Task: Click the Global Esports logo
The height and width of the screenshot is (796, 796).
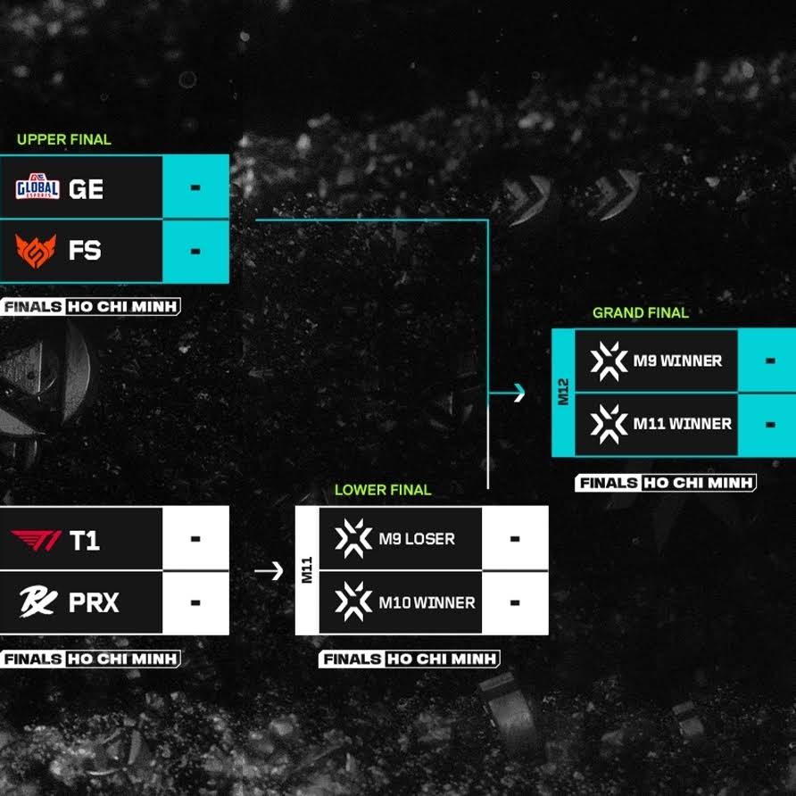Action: point(37,187)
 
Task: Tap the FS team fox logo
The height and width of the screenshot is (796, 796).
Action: point(36,251)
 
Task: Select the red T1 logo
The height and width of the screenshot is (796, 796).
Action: point(36,540)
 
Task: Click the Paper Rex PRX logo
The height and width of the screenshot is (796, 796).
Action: point(38,602)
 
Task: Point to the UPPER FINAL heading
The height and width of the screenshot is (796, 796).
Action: point(64,139)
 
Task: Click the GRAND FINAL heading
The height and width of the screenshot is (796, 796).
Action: point(641,312)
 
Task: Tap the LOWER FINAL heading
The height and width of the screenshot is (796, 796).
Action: point(383,490)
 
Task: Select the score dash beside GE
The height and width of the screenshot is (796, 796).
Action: point(195,187)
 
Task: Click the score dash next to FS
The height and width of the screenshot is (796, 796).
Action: point(195,252)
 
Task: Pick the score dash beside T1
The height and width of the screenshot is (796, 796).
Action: point(195,539)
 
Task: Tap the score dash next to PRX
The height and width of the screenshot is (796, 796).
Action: point(195,603)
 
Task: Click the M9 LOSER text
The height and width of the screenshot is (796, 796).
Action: point(417,539)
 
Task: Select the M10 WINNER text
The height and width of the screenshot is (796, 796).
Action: point(427,603)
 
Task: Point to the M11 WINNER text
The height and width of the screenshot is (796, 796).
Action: point(683,424)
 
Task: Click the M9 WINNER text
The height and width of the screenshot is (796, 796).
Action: point(677,361)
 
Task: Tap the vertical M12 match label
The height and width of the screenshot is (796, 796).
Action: point(563,392)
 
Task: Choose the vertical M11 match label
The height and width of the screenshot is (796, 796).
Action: point(307,570)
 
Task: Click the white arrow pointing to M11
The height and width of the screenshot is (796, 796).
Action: point(269,570)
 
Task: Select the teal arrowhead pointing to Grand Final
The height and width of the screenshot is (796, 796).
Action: point(518,393)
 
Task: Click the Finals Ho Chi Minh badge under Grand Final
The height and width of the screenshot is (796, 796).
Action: point(666,482)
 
